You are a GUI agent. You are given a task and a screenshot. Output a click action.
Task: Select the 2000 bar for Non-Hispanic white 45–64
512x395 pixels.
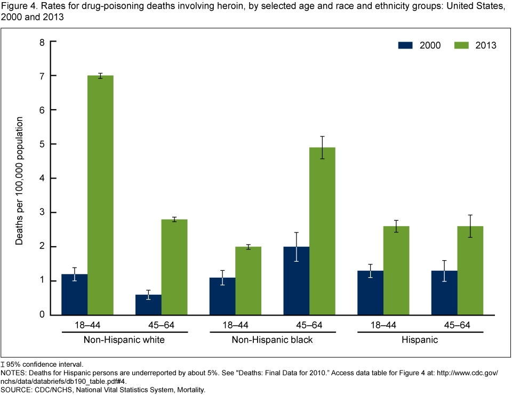coord(148,305)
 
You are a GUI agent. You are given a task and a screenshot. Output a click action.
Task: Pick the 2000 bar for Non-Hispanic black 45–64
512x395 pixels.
coord(296,281)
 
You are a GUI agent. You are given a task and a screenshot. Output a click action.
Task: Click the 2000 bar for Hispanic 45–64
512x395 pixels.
coord(444,293)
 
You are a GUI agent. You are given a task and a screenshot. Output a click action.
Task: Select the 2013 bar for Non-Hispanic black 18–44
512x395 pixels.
coord(249,281)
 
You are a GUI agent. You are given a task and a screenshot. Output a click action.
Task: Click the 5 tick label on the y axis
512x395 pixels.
coord(41,144)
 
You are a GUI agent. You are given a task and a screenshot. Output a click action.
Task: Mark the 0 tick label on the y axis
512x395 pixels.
coord(41,315)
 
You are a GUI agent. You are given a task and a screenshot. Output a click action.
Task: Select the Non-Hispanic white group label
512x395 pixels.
coord(124,340)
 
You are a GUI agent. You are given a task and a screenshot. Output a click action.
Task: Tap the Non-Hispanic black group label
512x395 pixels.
coord(273,340)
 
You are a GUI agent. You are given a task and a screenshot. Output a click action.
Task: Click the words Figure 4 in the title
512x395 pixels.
coord(16,6)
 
